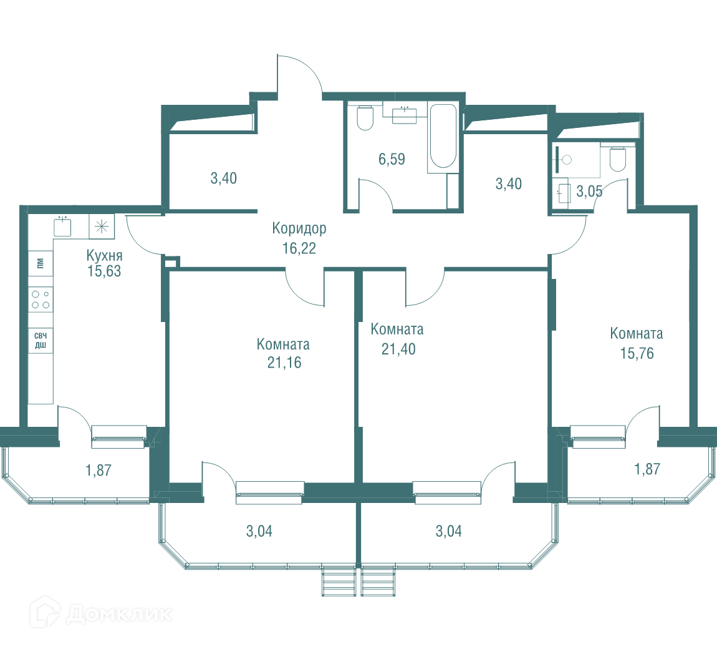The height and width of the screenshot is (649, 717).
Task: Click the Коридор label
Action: [x=299, y=228]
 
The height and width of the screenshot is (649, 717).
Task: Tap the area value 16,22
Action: [x=299, y=248]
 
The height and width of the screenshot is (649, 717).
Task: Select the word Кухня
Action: [x=104, y=255]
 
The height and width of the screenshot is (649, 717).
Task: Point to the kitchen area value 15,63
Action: [x=104, y=271]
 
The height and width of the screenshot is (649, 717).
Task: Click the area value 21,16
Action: [x=284, y=363]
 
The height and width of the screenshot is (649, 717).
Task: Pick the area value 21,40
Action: [x=399, y=349]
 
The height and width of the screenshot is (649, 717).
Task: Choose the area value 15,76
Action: [x=637, y=353]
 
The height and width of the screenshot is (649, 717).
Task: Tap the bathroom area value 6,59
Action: [x=392, y=159]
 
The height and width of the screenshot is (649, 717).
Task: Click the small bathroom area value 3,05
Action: [x=589, y=192]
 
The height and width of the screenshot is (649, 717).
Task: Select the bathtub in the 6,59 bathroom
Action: [x=443, y=137]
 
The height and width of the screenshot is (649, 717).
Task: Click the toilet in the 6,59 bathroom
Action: [x=365, y=118]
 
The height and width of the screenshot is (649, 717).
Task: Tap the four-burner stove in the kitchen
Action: [x=41, y=300]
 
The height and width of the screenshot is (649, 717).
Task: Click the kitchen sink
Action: [x=62, y=226]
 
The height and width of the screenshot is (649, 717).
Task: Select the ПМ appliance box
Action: [x=41, y=263]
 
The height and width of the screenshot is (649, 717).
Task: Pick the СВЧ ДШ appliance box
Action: [x=41, y=341]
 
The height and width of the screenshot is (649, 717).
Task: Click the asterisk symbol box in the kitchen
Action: [x=102, y=226]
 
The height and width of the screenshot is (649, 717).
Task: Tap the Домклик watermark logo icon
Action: [x=46, y=612]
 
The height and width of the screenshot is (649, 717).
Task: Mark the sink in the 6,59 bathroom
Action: [x=405, y=115]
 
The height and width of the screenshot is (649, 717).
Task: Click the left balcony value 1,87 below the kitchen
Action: [x=99, y=470]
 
